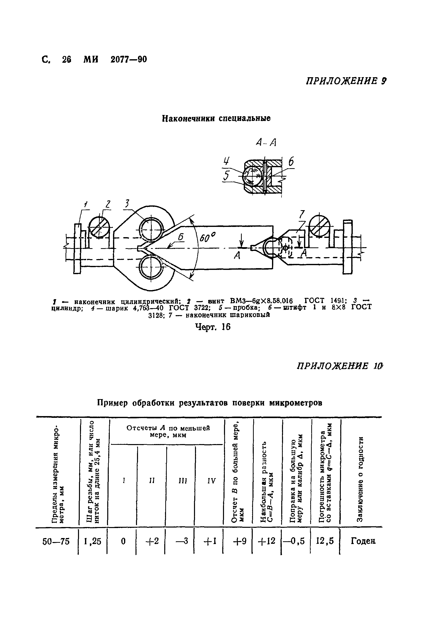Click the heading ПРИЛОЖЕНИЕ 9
346,81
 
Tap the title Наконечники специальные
216,118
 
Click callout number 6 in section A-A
291,162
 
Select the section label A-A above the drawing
266,142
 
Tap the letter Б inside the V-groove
181,237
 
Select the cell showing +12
266,541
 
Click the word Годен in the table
363,541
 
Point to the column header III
183,481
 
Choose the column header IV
211,481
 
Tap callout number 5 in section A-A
226,176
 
